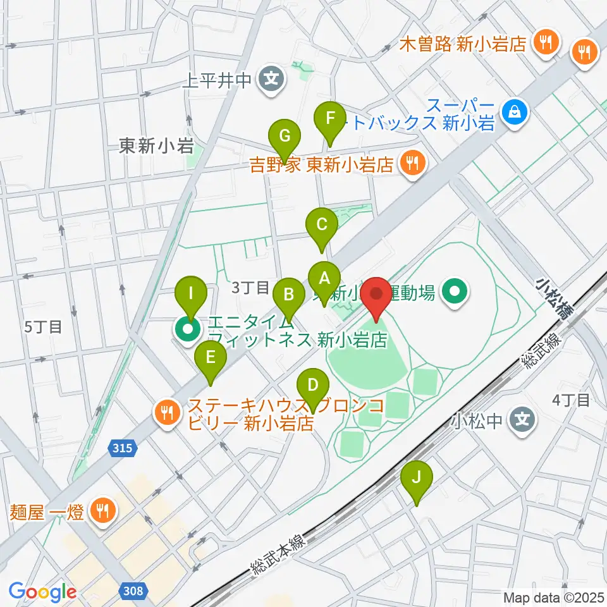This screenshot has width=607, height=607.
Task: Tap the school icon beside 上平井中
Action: tap(271, 80)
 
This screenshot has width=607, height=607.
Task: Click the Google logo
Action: tap(43, 592)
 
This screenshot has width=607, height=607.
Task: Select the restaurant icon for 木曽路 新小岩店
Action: tap(543, 43)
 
